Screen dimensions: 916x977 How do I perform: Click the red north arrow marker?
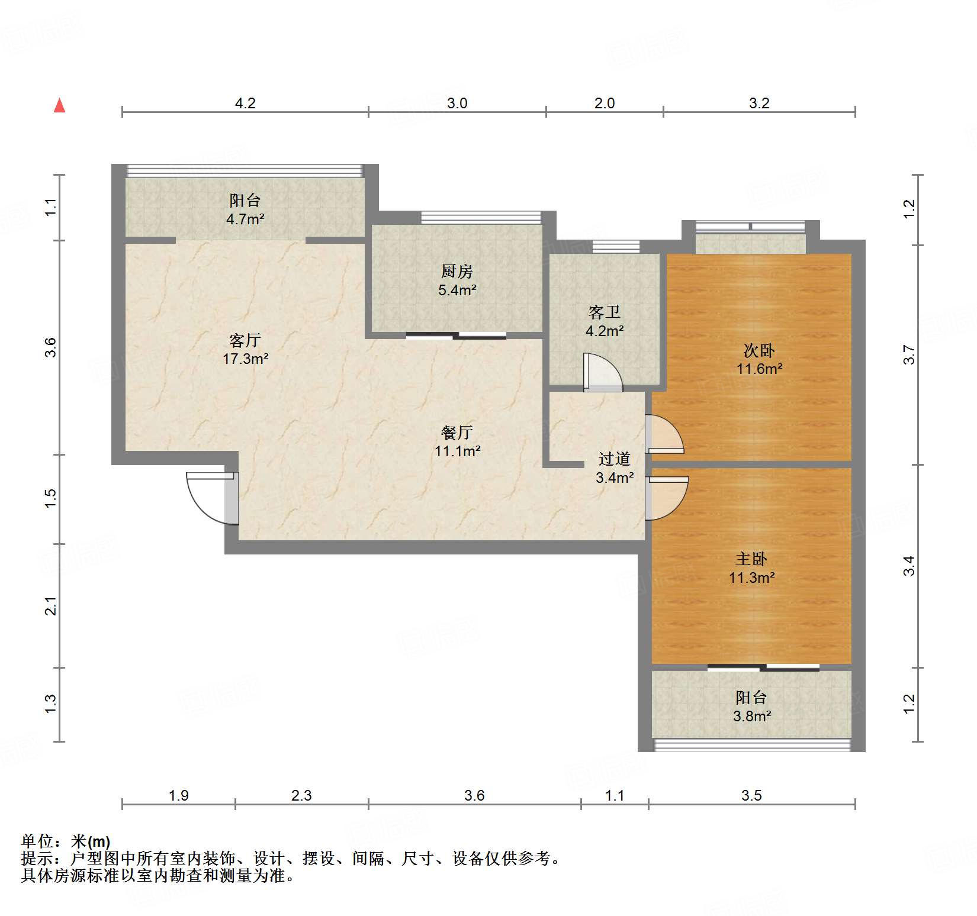(59, 106)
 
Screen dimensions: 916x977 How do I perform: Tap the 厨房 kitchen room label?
(457, 272)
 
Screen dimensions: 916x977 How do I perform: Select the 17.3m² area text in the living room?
(245, 359)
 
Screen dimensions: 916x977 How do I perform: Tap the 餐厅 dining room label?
(457, 433)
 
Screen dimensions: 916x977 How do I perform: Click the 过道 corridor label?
(614, 459)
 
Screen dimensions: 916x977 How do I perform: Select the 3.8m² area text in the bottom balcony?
(751, 716)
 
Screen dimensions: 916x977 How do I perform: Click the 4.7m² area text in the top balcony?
(245, 219)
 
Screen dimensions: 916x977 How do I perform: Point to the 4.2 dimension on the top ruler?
(245, 103)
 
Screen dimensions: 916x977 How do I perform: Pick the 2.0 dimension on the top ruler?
(605, 103)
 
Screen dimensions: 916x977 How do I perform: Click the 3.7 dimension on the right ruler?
(909, 355)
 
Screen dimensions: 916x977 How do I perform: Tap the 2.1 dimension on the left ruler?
(51, 607)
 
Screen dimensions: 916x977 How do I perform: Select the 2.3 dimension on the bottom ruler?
(301, 795)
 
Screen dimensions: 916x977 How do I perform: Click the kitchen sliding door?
(456, 336)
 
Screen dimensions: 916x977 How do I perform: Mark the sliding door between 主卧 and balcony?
(763, 667)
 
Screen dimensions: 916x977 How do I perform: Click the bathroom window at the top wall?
(616, 247)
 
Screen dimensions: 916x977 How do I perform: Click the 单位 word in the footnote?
(37, 841)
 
